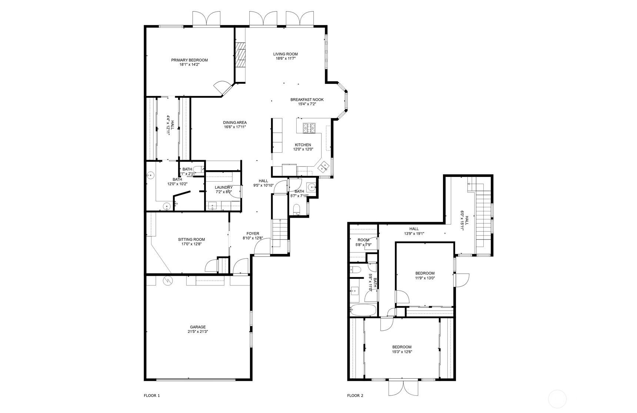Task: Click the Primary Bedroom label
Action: tap(189, 60)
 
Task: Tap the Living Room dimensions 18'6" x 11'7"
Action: tap(286, 58)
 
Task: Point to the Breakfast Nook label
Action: tap(307, 99)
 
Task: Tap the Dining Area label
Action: tap(235, 123)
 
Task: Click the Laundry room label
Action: tap(224, 187)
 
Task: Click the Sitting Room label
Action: tap(191, 239)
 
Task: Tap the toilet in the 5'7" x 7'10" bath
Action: tap(297, 209)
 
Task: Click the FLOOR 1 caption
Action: tap(152, 396)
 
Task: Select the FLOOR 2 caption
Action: tap(355, 396)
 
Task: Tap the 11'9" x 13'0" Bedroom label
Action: tap(425, 273)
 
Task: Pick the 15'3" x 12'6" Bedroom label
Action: tap(402, 347)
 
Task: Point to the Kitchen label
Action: tap(303, 145)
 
